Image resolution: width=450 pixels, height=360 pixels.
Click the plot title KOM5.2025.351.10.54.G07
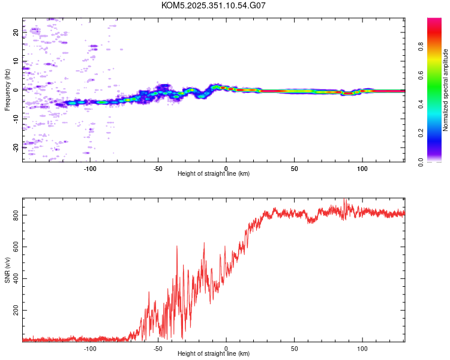click(214, 5)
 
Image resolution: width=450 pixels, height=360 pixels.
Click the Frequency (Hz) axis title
click(7, 90)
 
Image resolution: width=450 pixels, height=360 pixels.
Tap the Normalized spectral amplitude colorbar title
click(446, 90)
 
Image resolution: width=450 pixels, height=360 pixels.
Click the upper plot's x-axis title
click(214, 173)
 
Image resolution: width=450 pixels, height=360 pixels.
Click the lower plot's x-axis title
click(214, 353)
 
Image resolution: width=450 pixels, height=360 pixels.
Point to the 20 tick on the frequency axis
click(16, 33)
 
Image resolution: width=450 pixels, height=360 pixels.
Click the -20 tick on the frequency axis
click(16, 146)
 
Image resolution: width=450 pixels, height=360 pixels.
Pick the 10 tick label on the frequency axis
click(16, 61)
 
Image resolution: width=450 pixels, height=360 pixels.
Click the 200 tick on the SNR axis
click(16, 311)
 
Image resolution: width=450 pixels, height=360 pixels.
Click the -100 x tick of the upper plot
click(90, 168)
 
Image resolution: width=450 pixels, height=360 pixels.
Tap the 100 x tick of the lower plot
click(362, 348)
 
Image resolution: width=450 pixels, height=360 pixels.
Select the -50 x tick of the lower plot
click(158, 348)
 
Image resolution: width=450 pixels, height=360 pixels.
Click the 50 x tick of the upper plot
click(294, 168)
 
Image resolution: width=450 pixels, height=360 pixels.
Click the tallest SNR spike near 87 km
click(344, 200)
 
